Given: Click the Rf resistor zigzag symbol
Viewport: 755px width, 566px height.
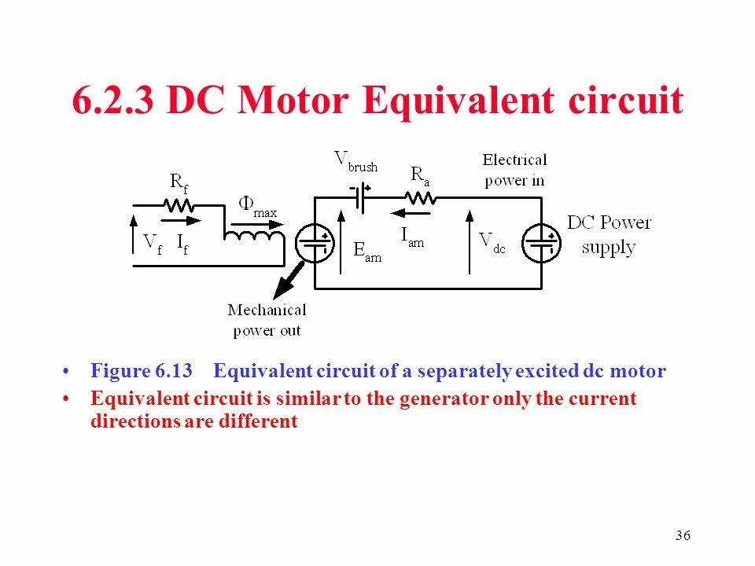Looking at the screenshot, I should (x=179, y=205).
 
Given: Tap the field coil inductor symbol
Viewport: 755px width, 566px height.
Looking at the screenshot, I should (x=253, y=236).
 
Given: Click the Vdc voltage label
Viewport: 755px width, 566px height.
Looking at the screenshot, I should (x=492, y=242).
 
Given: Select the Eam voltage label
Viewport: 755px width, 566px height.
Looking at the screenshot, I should (x=367, y=251).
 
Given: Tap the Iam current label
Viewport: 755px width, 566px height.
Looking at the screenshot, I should (x=412, y=236).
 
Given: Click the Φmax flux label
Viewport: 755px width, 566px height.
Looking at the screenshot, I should (x=257, y=208).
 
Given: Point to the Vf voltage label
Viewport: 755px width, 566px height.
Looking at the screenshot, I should (x=152, y=243).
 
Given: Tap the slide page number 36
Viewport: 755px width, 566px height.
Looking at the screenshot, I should (x=682, y=536).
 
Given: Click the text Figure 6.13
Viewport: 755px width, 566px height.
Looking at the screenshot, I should (x=142, y=371).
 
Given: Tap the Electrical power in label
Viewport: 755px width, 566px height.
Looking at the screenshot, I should (x=514, y=170).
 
